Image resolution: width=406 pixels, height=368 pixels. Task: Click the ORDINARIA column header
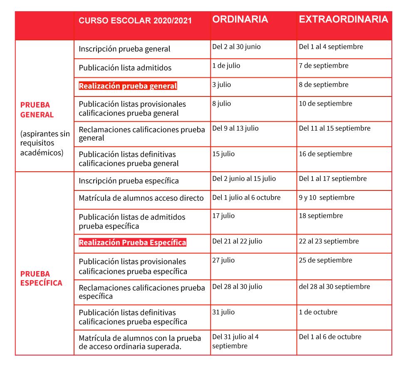[240, 20]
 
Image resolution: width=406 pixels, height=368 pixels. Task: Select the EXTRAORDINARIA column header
[343, 20]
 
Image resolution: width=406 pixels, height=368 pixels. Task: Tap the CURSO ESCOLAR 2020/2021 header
[135, 21]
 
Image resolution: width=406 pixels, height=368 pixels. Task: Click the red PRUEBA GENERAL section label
[37, 110]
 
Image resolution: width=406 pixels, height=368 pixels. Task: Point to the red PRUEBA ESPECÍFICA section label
[41, 278]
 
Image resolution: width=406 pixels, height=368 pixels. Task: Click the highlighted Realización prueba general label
[128, 86]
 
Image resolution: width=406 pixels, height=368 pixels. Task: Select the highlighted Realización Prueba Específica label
[132, 242]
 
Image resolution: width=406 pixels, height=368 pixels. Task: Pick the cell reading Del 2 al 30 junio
[236, 47]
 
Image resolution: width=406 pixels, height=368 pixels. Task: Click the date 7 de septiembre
[324, 66]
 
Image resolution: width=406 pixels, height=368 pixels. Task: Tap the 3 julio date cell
[221, 84]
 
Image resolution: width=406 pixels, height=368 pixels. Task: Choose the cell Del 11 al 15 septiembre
[334, 128]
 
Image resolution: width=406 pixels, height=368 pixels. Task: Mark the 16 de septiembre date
[325, 154]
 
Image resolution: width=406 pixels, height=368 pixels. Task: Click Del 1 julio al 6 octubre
[246, 198]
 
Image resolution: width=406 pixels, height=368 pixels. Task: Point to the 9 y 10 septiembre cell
[327, 198]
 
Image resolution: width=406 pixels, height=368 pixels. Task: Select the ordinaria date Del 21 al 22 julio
[237, 241]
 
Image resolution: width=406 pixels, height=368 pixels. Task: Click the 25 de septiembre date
[325, 260]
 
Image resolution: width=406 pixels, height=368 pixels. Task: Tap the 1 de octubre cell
[318, 312]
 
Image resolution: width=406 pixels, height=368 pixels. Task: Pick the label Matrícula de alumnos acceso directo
[141, 198]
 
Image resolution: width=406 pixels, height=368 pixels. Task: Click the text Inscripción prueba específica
[129, 181]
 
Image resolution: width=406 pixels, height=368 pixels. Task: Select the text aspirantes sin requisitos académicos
[45, 143]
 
